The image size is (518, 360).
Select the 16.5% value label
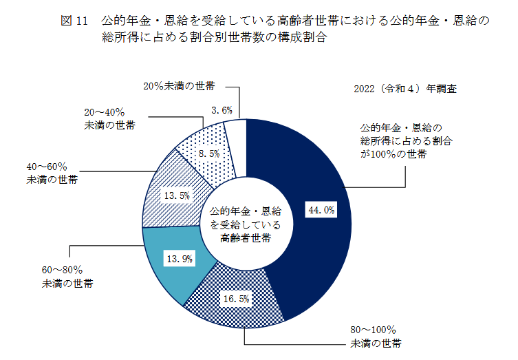tap(235, 298)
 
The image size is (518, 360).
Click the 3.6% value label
tap(222, 109)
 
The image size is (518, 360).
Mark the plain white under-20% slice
tap(236, 131)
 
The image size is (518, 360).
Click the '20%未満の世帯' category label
tap(179, 87)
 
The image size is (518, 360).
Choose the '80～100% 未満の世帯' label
tap(376, 336)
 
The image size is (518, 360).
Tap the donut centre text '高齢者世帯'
tap(245, 238)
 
